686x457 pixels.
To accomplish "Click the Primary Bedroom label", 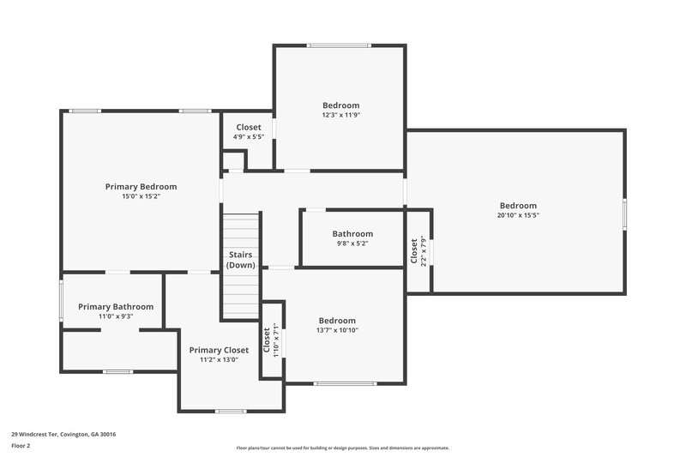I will tap(141, 186).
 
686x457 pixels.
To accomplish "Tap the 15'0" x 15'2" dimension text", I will tap(141, 196).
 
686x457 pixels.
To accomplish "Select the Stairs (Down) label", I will tap(241, 260).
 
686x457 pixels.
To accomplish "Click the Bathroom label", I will tap(352, 234).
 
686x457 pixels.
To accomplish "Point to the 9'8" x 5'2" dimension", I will tap(352, 244).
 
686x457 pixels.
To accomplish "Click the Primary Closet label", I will tap(219, 350).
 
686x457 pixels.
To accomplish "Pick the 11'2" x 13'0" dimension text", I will tap(219, 359).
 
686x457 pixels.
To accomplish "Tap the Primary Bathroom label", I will tap(116, 306).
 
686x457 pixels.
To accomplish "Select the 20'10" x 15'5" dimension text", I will tap(518, 215).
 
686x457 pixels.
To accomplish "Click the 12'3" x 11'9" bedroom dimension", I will tap(340, 115).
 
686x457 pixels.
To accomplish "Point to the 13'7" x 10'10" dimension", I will tap(337, 330).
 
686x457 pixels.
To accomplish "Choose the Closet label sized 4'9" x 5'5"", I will tap(249, 127).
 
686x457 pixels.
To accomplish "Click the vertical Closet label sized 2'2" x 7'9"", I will tap(413, 250).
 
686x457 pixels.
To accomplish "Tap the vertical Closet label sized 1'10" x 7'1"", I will tap(267, 340).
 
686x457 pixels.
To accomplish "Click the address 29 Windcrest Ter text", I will tap(63, 434).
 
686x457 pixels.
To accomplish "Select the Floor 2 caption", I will tap(21, 446).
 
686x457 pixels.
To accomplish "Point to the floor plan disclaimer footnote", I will tap(342, 448).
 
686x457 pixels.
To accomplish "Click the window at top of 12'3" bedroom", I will tap(340, 45).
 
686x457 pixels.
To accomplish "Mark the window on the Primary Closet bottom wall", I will tap(231, 411).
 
